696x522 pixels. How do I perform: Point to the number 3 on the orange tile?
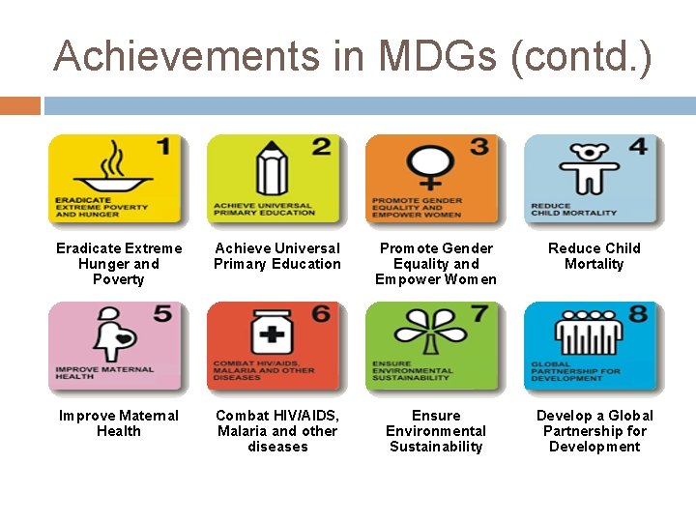(x=478, y=148)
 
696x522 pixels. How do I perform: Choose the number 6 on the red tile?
(x=321, y=315)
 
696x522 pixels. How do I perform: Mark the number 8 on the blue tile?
(x=639, y=315)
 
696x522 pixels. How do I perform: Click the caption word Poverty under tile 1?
(x=118, y=279)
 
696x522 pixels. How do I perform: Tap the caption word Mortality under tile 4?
(x=594, y=264)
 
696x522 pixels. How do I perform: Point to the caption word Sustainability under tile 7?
(x=436, y=447)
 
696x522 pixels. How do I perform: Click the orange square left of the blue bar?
(x=20, y=104)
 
